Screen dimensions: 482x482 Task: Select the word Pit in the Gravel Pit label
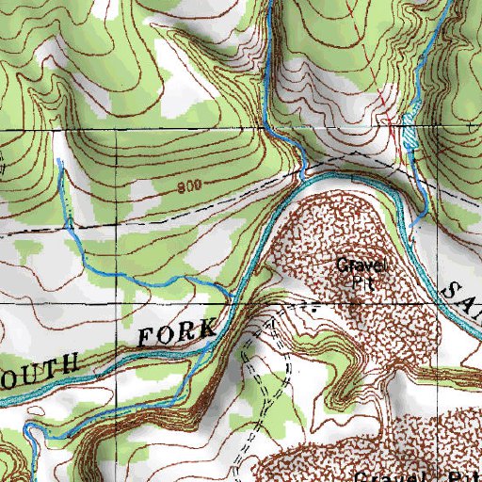click(356, 281)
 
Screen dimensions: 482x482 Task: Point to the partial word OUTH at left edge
click(43, 367)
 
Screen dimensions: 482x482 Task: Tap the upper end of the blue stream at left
click(61, 161)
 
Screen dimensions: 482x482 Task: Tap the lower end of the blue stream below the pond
click(414, 226)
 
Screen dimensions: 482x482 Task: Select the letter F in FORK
click(146, 337)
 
